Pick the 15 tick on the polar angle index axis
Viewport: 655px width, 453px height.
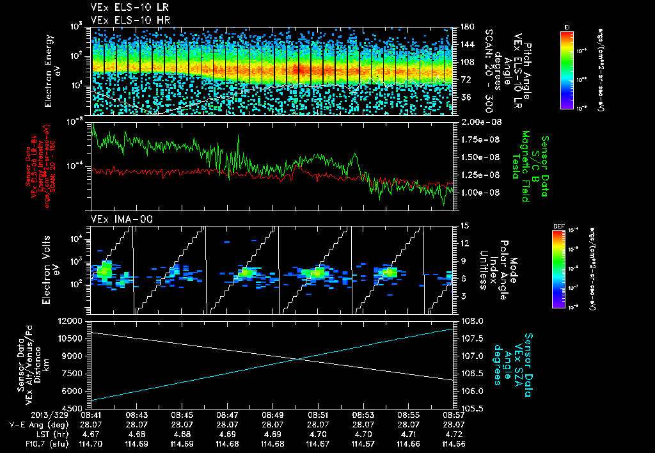pyautogui.click(x=463, y=226)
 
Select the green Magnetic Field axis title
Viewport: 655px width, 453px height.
pyautogui.click(x=525, y=168)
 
